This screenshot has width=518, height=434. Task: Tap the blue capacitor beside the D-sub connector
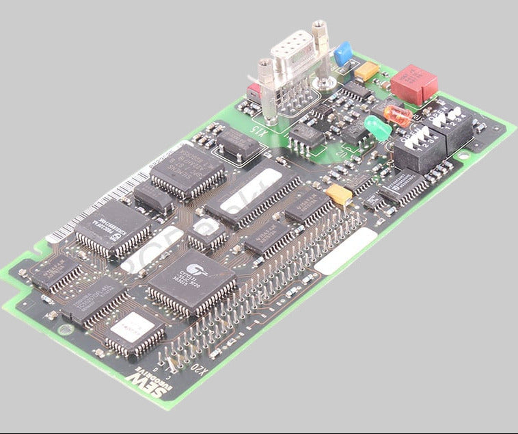coord(343,53)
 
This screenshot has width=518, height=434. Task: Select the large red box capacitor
coord(414,84)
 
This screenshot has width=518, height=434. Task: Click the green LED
coord(377,128)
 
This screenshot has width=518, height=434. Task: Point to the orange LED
coord(398,115)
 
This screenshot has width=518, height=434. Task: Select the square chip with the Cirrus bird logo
coord(191,281)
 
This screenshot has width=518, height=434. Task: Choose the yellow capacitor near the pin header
coord(339,194)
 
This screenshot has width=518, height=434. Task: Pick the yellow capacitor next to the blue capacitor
coord(367,71)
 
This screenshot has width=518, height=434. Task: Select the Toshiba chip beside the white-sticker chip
coord(94,299)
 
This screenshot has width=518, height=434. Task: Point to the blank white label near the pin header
coord(345,251)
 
